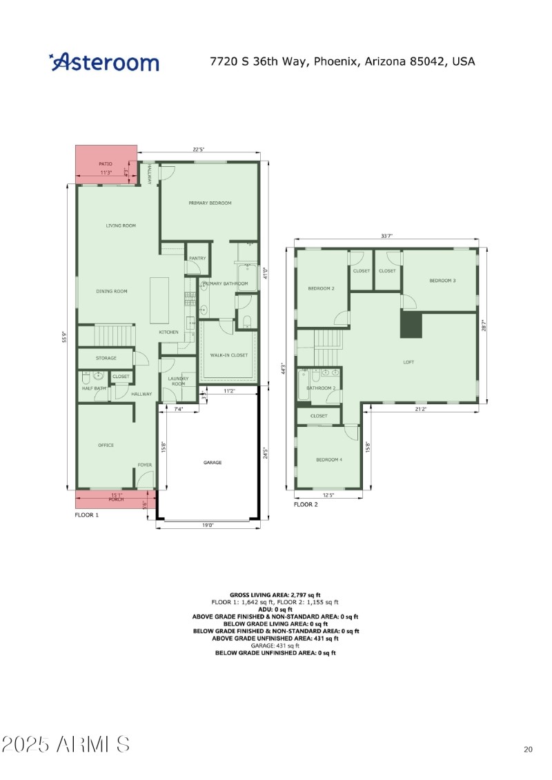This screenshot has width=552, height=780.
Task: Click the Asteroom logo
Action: coord(104,62)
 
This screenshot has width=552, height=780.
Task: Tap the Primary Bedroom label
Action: coord(210,203)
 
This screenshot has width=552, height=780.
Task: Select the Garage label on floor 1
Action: coord(213,462)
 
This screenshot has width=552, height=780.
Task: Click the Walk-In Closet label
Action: coord(229,355)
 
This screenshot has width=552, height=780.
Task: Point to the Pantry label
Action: coord(197,258)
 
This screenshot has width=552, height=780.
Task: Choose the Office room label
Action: coord(106,445)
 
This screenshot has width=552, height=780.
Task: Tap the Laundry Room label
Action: coord(178,381)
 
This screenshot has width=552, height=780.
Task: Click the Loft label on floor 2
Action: coord(408,361)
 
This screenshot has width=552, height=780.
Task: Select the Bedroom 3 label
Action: coord(442,281)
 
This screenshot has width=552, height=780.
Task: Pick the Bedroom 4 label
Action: coord(329,460)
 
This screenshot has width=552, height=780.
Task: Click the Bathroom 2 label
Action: coord(321,388)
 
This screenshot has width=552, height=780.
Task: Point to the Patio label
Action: coord(105,163)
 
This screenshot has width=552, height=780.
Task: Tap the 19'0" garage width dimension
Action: coord(208,526)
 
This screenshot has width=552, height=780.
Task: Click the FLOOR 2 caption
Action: coord(306,504)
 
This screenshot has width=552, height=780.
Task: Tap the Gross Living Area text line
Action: coord(275,594)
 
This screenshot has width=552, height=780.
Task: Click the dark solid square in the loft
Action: coord(411,324)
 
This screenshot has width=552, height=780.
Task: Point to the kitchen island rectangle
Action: coord(159,300)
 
